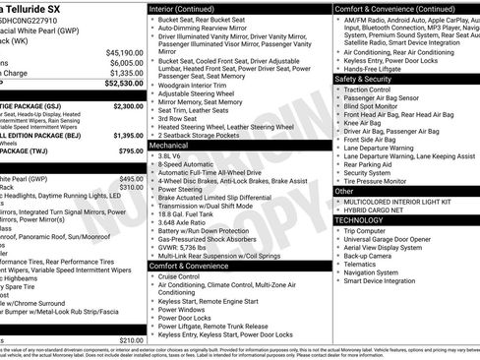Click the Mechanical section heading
(169, 145)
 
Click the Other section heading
(346, 192)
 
